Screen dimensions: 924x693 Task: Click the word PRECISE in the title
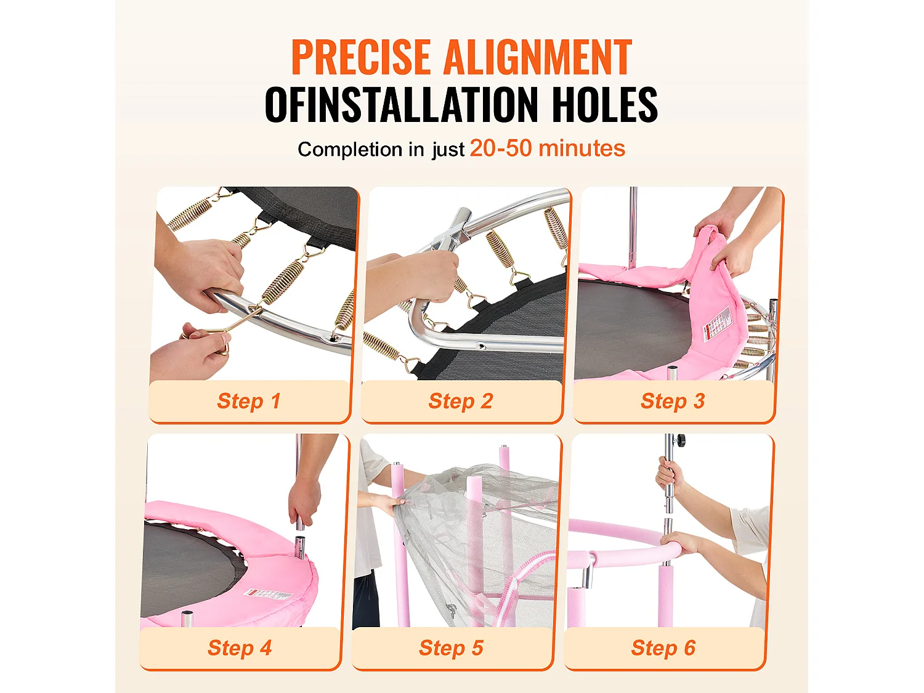click(x=361, y=57)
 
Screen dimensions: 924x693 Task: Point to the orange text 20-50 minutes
click(x=547, y=148)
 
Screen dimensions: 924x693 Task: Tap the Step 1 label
click(x=248, y=401)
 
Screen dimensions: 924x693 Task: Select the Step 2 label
click(x=461, y=401)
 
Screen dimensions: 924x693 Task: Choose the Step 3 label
click(x=673, y=401)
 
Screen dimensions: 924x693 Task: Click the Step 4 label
click(x=240, y=647)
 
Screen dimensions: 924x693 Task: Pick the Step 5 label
click(x=451, y=647)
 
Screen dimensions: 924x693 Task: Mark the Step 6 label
click(x=663, y=647)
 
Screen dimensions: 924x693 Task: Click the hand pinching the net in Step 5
click(x=394, y=505)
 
